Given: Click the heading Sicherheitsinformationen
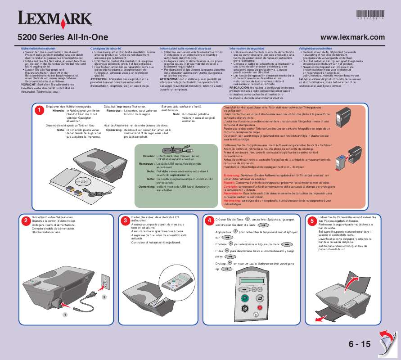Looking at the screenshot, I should click(35, 47).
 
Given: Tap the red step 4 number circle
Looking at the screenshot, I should click(209, 220).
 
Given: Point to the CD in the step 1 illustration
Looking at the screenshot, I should click(82, 183).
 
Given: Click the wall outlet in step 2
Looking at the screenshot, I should click(105, 281).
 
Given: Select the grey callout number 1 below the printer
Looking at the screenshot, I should click(64, 314).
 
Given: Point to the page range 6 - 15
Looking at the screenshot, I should click(359, 344).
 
